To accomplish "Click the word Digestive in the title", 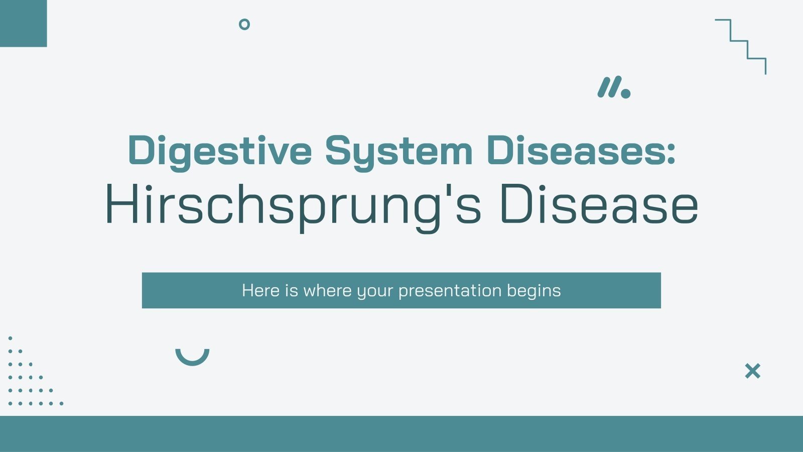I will (x=220, y=151).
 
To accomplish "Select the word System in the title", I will (x=398, y=151).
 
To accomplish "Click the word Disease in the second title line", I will (x=599, y=205).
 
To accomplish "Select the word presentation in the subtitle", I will (x=450, y=291).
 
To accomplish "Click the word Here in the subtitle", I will (x=260, y=290).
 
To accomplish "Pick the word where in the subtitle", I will (x=327, y=290).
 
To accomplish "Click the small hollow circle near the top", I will (x=244, y=24).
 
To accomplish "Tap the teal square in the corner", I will (x=23, y=23).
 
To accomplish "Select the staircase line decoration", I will (x=741, y=46).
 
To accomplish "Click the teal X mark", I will (x=752, y=371).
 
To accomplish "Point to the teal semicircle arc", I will (x=192, y=357).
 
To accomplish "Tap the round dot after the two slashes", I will (x=625, y=93).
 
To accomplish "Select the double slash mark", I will (x=609, y=87).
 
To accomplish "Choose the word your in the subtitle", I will (x=374, y=291).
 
